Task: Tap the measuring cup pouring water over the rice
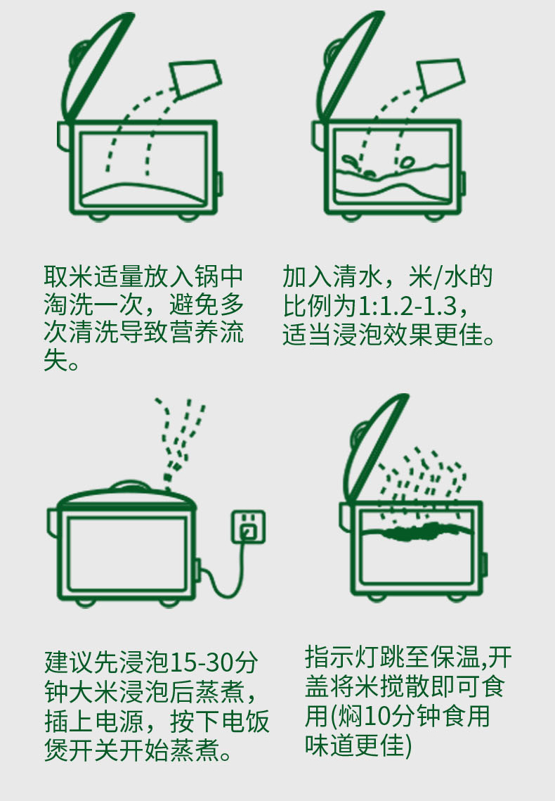(x=440, y=78)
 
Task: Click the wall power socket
(x=249, y=527)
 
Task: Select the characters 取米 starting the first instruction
(x=68, y=276)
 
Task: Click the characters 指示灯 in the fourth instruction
(x=342, y=657)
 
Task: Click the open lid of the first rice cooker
(x=97, y=66)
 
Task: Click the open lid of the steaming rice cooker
(x=375, y=447)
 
